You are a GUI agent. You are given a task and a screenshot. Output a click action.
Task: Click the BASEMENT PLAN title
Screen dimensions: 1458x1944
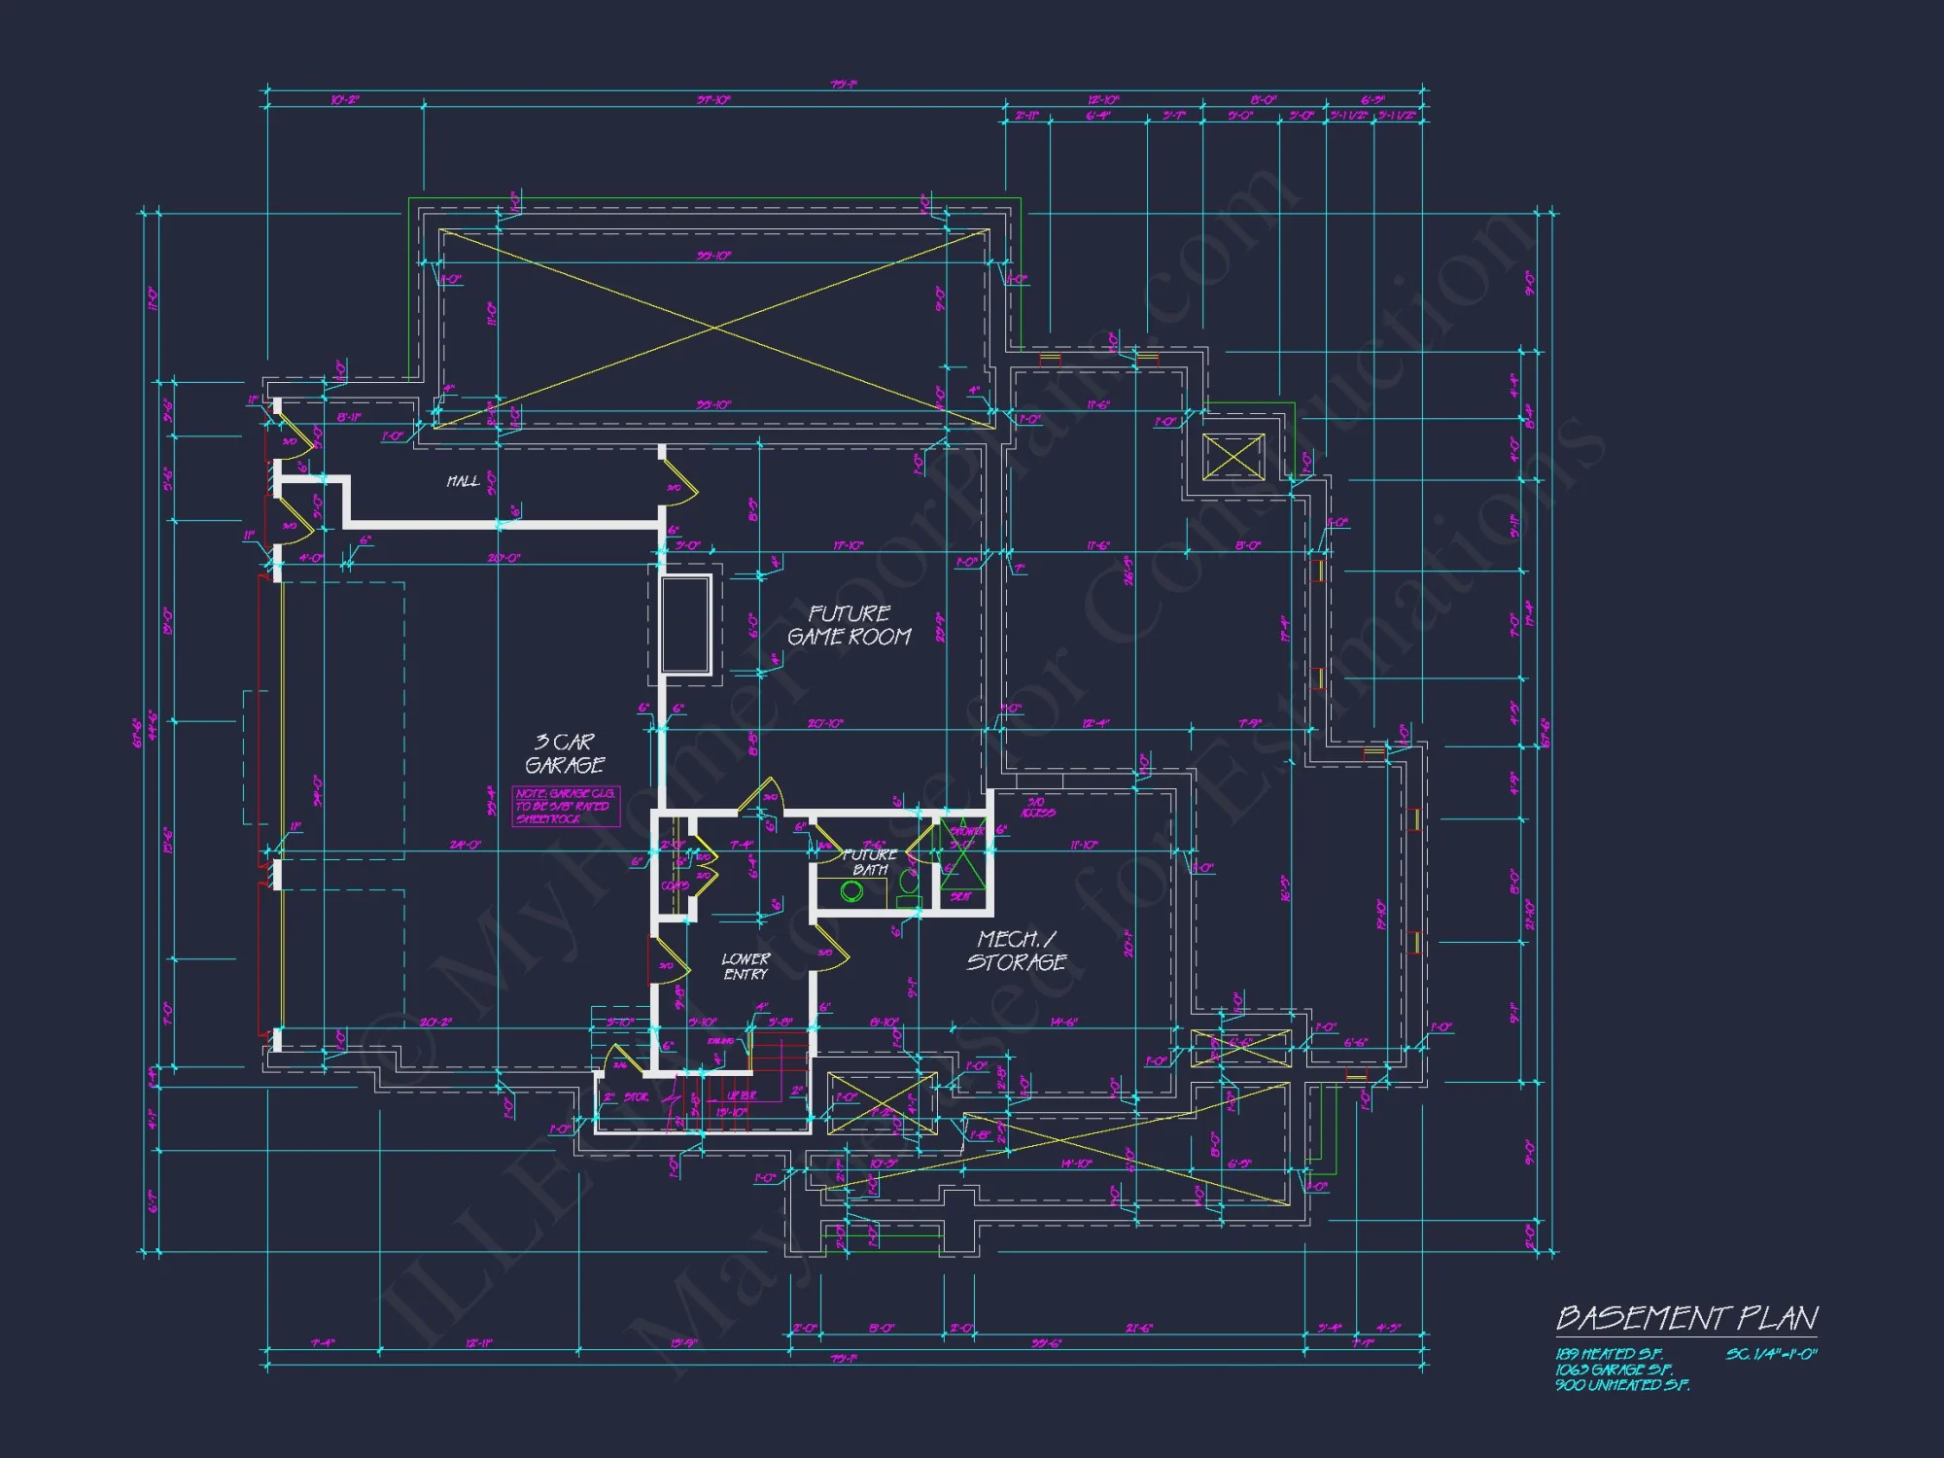pos(1686,1319)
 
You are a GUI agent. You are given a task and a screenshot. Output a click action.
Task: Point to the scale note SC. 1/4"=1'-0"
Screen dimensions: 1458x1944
pos(1771,1354)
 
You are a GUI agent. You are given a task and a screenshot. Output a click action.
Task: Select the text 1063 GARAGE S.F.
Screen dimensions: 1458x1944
pos(1614,1370)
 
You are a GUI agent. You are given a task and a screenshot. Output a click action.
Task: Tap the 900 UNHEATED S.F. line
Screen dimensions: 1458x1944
pos(1621,1385)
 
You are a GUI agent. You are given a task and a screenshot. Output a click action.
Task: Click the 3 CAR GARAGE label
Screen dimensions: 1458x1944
pos(565,753)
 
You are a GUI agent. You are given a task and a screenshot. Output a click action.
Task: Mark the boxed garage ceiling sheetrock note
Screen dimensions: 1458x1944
pos(566,807)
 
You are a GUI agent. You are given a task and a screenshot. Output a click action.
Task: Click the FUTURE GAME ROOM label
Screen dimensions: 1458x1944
pos(849,625)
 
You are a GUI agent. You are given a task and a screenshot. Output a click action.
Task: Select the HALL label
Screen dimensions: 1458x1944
pos(463,481)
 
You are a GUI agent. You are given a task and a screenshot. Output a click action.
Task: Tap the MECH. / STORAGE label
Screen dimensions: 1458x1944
pos(1016,951)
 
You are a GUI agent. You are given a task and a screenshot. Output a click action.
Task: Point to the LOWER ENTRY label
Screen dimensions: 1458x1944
pos(746,966)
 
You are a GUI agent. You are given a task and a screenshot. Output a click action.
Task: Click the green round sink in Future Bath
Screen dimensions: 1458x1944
pos(851,891)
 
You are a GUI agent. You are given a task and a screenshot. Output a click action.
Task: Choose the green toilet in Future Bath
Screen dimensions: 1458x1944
pos(909,885)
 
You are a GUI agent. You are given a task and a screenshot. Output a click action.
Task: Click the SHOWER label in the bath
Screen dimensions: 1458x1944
pos(967,831)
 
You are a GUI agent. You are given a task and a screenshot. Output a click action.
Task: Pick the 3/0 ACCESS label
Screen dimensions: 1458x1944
pos(1037,807)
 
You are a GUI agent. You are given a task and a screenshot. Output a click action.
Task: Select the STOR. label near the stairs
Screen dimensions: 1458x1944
pos(637,1097)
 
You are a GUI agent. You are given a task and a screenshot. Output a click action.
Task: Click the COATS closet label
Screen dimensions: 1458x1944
pos(675,885)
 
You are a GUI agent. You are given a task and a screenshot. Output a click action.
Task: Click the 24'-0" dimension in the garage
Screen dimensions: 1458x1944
pos(465,845)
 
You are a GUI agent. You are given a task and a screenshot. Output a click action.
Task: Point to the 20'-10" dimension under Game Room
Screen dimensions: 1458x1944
pos(825,723)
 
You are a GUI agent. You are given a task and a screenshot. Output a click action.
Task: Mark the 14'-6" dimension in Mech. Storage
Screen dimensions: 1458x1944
pos(1063,1022)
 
